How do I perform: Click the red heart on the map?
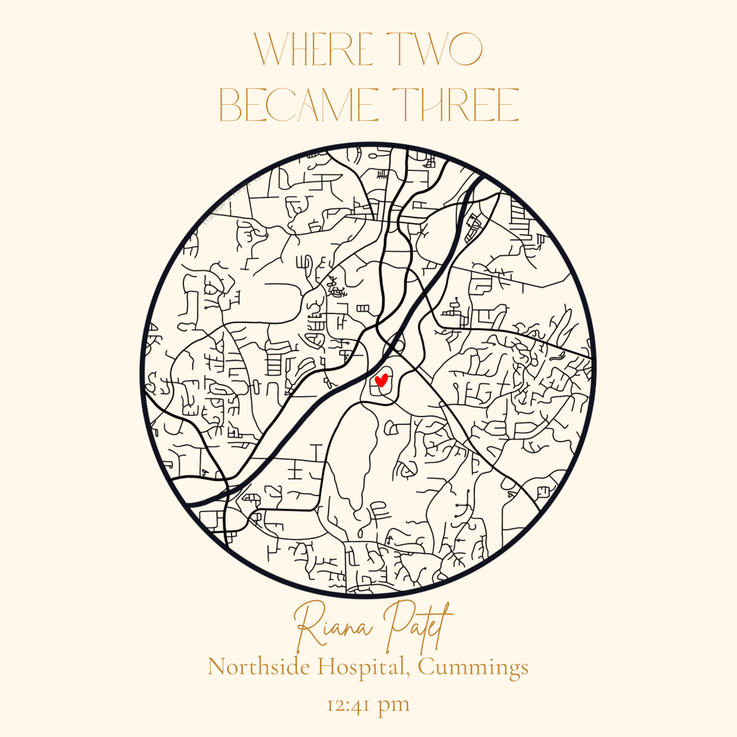click(381, 380)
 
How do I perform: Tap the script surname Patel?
click(418, 626)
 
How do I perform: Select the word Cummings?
click(473, 667)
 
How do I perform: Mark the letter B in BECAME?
click(229, 105)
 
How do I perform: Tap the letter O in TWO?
click(463, 49)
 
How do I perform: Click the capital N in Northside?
click(217, 667)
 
